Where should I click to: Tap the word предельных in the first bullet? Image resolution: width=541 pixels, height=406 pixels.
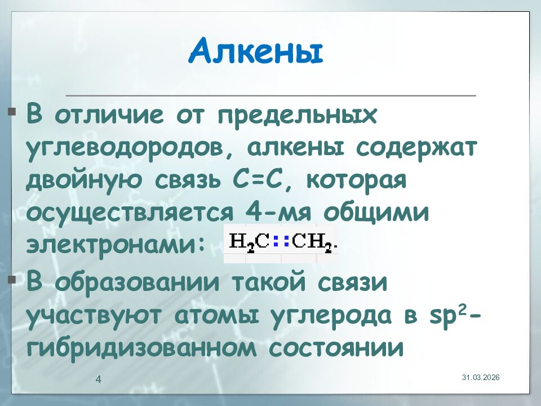click(298, 117)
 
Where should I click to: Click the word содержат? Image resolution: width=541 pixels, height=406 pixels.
click(416, 149)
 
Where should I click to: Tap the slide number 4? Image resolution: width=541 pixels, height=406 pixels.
click(98, 379)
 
